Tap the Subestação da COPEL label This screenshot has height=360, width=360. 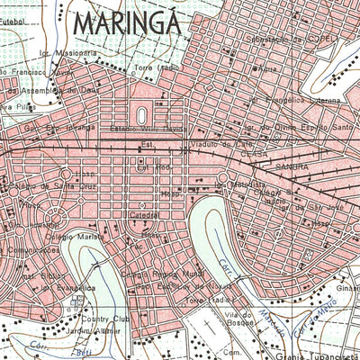296,40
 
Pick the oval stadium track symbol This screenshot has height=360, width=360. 142,114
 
